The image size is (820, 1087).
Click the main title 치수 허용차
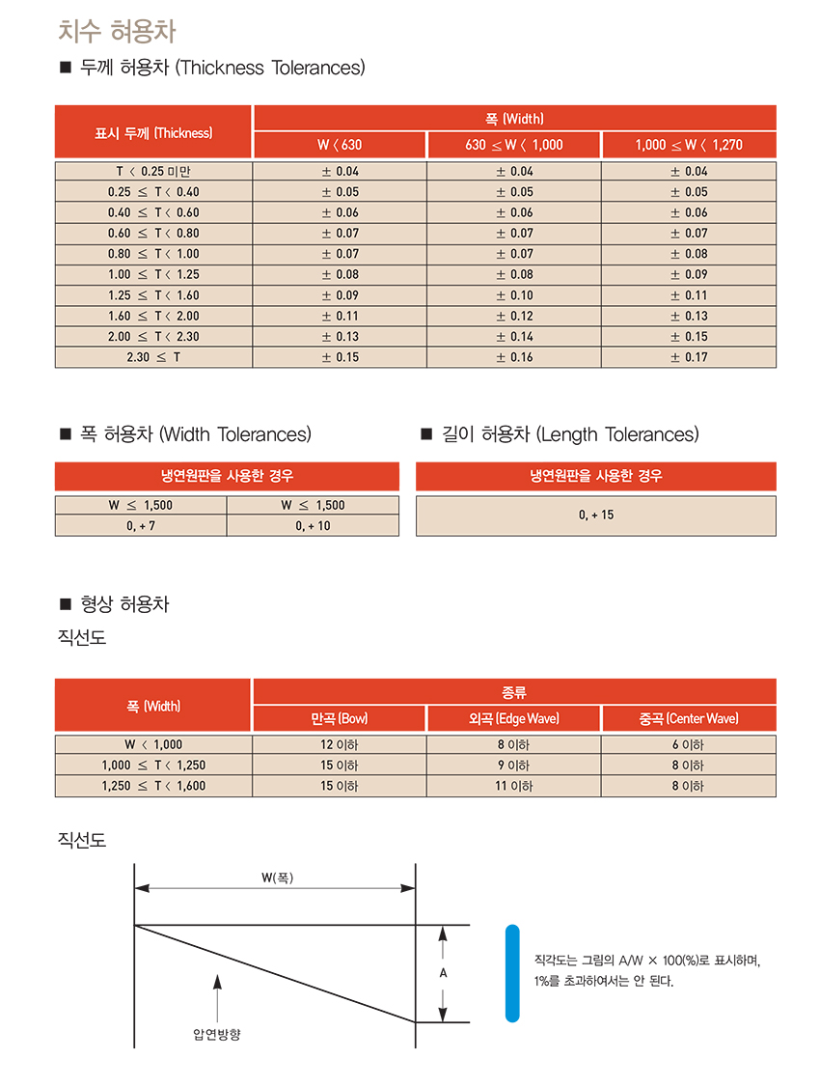(117, 31)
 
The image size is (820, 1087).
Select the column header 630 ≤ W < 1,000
(513, 145)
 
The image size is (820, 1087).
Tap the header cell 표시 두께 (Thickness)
(153, 132)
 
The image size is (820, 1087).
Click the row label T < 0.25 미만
(153, 171)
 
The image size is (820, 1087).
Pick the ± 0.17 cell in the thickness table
(689, 357)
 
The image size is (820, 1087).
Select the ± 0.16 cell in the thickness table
(514, 357)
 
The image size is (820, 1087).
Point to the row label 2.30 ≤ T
(153, 357)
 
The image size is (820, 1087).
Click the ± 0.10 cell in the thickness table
(514, 295)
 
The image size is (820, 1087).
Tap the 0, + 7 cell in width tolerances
(141, 525)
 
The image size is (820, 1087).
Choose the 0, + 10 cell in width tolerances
(313, 525)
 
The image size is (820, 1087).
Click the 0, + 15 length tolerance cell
(596, 516)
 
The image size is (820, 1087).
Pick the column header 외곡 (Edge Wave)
(514, 718)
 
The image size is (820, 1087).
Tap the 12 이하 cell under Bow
(340, 744)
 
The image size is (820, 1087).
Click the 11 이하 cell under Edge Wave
(514, 786)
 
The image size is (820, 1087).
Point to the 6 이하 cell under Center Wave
(689, 744)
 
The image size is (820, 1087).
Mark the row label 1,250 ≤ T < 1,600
(153, 786)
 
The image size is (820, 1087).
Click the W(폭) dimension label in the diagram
(276, 878)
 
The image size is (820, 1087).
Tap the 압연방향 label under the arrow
(217, 1034)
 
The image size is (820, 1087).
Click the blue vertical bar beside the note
(512, 973)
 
